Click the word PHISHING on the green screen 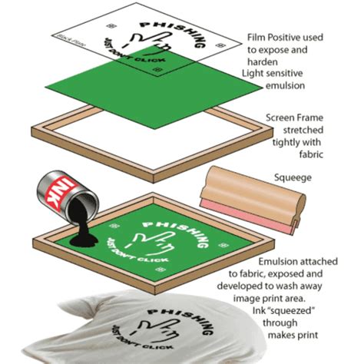(172, 229)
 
